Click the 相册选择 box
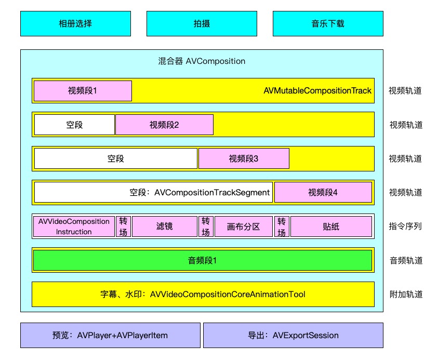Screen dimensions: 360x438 [75, 23]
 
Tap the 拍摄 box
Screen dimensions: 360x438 [202, 23]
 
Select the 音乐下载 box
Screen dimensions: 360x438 [328, 23]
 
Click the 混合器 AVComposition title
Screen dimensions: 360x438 [202, 61]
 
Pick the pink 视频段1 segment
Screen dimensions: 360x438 [83, 91]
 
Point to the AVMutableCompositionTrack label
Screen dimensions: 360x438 [317, 91]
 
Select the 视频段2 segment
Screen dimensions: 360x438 [164, 125]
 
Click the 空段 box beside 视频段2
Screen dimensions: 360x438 [74, 125]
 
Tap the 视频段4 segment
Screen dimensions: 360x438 [323, 192]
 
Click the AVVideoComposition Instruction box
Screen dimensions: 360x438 [74, 226]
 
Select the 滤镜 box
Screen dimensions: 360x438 [164, 226]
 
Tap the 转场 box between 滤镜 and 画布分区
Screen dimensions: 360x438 [206, 226]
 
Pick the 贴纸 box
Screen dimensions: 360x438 [331, 226]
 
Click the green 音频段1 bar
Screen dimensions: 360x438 [202, 260]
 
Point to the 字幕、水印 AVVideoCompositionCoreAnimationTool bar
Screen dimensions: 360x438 [203, 295]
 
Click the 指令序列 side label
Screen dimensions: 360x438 [405, 226]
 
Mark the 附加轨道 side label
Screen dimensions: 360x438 [405, 295]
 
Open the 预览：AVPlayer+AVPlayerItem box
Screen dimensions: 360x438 [110, 335]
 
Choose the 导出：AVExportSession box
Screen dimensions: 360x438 [293, 335]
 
